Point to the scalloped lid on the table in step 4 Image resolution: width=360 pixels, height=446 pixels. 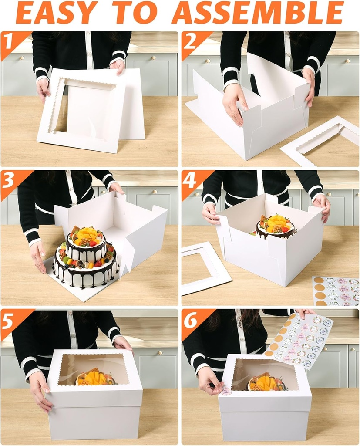click(205, 267)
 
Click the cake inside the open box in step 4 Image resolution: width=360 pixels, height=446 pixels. click(275, 227)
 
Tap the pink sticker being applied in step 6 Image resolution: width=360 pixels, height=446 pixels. click(226, 391)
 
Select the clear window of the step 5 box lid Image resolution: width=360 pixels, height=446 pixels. click(94, 370)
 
